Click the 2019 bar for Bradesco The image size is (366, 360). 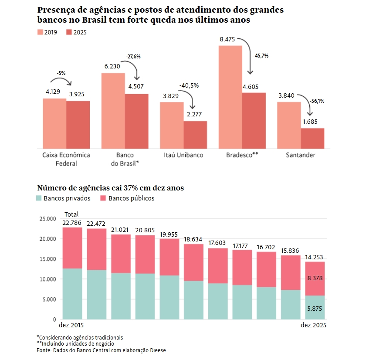click(230, 97)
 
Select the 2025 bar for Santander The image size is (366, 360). click(312, 138)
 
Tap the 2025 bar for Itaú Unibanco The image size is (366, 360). click(195, 135)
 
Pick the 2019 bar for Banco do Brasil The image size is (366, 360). click(113, 111)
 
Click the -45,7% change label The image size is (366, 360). click(261, 55)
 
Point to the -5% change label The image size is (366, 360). click(61, 73)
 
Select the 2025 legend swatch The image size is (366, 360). click(69, 32)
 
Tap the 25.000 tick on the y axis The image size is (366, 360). click(47, 218)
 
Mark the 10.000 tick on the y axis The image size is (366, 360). click(47, 279)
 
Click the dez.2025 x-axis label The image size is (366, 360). click(313, 326)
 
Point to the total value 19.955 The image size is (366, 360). click(169, 234)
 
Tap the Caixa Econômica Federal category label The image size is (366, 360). click(66, 159)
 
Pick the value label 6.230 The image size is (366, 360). click(113, 67)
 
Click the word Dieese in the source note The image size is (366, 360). click(157, 350)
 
